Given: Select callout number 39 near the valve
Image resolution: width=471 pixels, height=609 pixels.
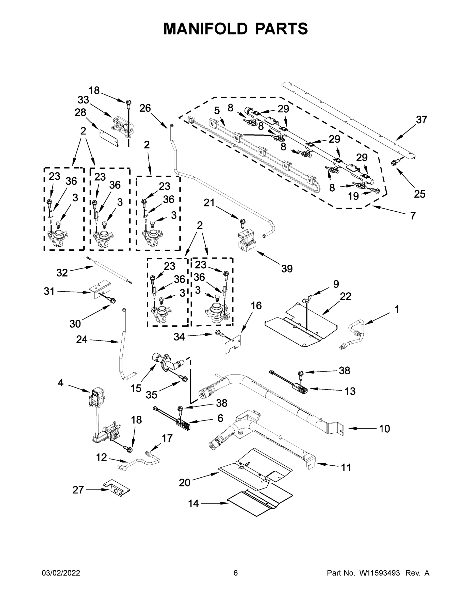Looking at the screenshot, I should [x=287, y=269].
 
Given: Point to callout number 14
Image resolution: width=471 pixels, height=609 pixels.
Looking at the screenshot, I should [x=193, y=504].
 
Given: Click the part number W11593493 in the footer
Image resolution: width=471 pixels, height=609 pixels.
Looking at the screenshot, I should [x=380, y=573].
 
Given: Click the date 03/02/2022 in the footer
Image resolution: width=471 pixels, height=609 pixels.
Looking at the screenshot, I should [x=61, y=573].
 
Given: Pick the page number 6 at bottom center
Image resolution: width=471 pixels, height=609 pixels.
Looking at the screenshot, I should [x=236, y=573].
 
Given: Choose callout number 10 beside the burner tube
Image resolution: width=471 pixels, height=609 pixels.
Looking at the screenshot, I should [x=384, y=429].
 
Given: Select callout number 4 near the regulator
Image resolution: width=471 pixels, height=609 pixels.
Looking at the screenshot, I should [x=60, y=383].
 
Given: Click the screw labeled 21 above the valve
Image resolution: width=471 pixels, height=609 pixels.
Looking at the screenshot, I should [x=242, y=223].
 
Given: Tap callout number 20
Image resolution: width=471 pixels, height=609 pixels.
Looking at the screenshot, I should [x=184, y=482].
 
